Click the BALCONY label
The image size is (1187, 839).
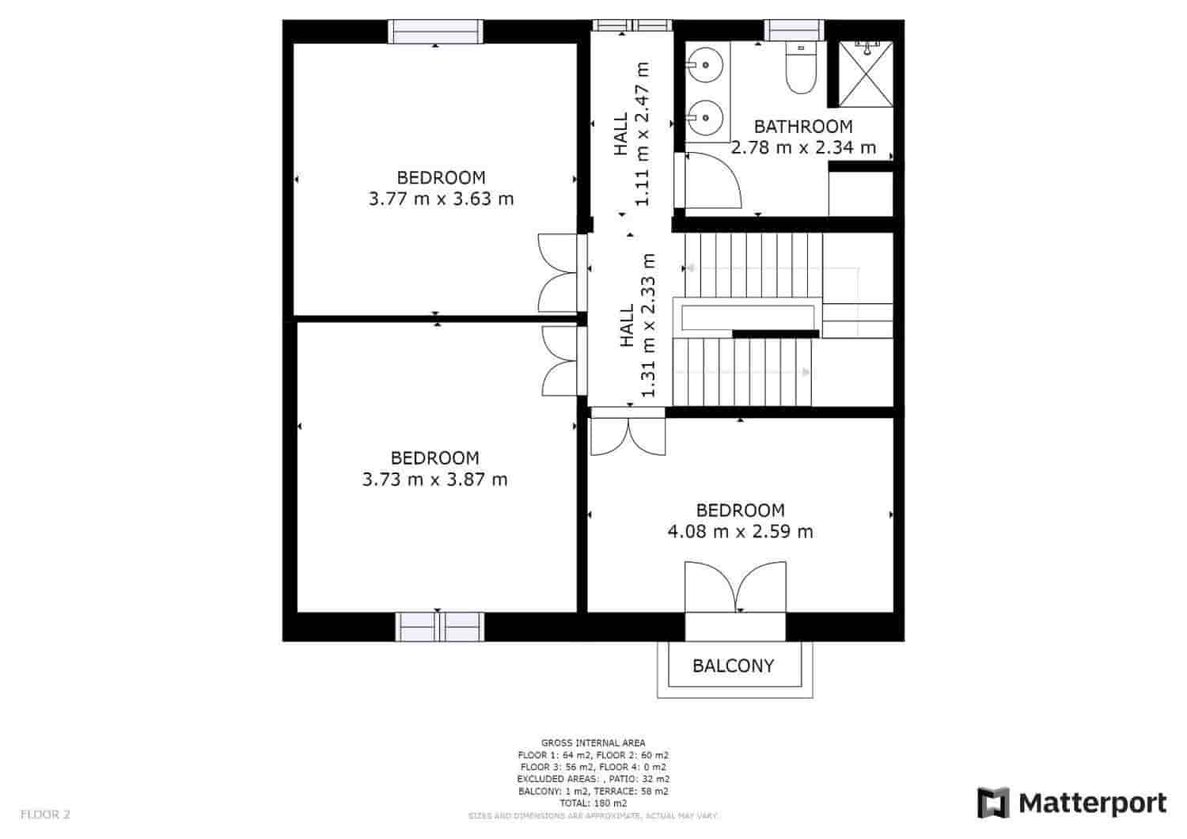733,666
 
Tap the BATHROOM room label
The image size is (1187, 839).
803,127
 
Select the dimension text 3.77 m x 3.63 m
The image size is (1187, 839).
441,199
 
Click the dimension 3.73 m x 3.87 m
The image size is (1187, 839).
434,480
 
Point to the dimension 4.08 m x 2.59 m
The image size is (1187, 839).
740,532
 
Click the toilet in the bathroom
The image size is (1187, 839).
800,70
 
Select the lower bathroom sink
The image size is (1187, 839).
703,118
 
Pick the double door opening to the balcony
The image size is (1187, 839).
736,587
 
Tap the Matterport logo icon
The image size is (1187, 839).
994,803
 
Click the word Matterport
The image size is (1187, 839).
1093,803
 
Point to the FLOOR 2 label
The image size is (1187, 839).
45,814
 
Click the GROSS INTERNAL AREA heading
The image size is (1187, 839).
593,742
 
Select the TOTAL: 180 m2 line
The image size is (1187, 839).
593,803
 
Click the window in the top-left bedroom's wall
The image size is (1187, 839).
435,32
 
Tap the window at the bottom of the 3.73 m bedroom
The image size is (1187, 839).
439,627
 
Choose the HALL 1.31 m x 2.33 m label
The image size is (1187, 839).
638,325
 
